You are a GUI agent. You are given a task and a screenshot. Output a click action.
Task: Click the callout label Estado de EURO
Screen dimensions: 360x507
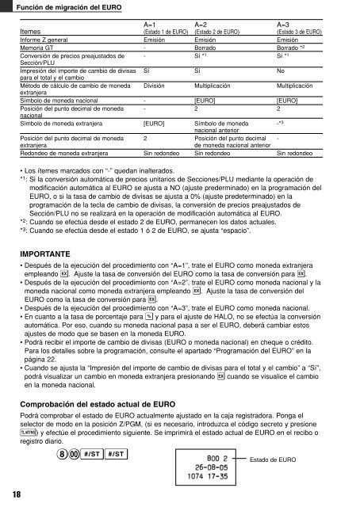pyautogui.click(x=317, y=459)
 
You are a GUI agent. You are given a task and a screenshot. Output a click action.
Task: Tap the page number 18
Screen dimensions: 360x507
pyautogui.click(x=17, y=493)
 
